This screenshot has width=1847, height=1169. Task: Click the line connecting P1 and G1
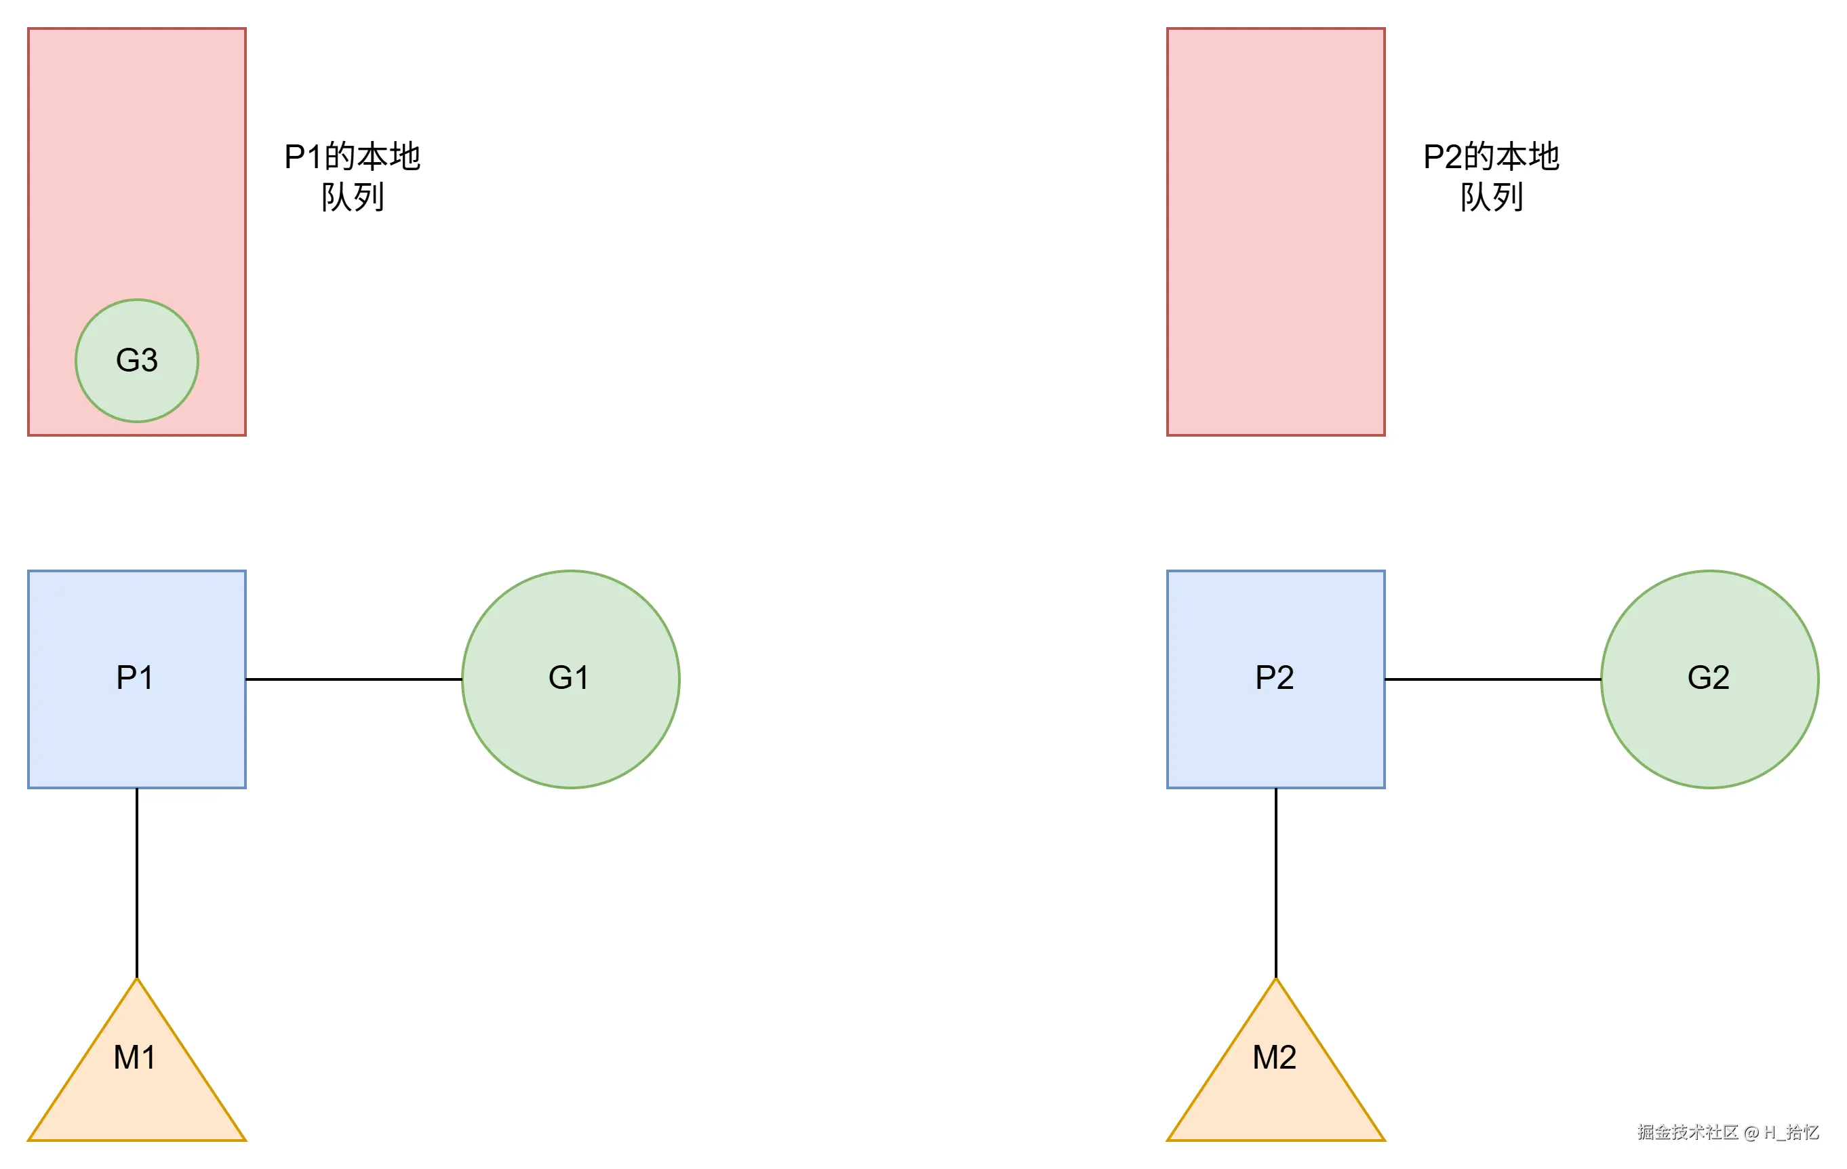click(353, 679)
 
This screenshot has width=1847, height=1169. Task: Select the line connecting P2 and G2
click(1492, 679)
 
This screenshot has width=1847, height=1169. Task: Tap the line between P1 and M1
click(136, 882)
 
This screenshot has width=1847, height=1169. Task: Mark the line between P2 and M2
click(1275, 882)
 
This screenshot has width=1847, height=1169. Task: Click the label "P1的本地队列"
click(352, 176)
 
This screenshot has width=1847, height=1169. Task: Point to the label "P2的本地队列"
click(1491, 176)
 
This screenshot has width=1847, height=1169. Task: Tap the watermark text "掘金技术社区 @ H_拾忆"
click(1728, 1132)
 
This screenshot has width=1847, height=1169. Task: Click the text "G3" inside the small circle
click(136, 360)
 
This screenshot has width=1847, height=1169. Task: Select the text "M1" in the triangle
click(134, 1058)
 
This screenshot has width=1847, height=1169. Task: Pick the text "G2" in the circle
click(1708, 677)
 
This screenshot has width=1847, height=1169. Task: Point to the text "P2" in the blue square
click(1274, 677)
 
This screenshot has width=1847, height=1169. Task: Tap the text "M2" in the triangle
click(1274, 1058)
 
